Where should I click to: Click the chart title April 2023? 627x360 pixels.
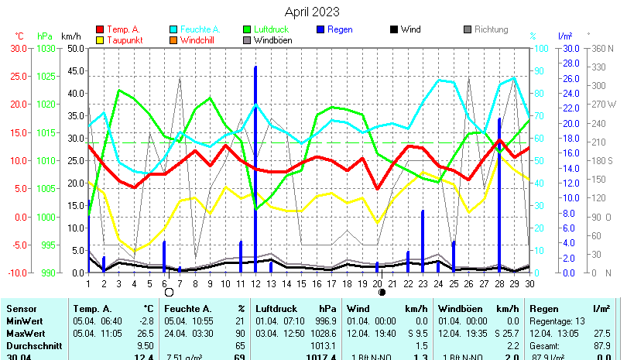(311, 12)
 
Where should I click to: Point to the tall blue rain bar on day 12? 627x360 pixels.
(255, 155)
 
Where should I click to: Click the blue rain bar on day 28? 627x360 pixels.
(499, 194)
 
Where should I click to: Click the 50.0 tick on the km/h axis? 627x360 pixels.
(74, 48)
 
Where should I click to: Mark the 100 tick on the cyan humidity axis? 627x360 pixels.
(543, 48)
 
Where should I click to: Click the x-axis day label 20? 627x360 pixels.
(377, 283)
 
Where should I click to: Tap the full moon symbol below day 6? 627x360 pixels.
(169, 293)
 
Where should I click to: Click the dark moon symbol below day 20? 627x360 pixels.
(382, 293)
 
